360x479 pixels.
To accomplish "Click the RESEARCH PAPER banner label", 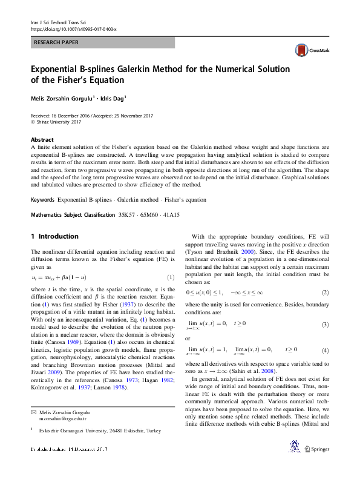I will (56, 43).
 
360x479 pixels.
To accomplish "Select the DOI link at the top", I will (73, 29).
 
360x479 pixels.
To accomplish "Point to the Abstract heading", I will (42, 139).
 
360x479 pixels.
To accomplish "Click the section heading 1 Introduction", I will (54, 236).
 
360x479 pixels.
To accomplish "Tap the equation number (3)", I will (325, 325).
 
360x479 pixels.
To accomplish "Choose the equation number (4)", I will (325, 351).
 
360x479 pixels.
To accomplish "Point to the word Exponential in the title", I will (58, 70).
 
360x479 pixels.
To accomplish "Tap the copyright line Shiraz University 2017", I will (58, 122).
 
